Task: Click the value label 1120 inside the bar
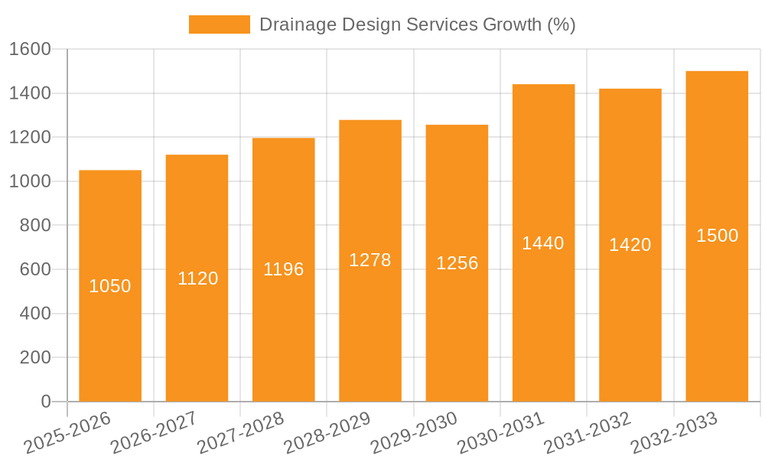tap(197, 278)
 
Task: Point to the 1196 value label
tap(284, 269)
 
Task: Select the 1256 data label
tap(457, 263)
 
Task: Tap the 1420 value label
tap(630, 245)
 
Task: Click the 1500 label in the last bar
tap(717, 236)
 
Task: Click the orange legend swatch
tap(219, 24)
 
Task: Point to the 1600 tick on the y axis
tap(29, 49)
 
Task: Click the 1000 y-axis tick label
tap(29, 181)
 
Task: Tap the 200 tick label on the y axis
tap(34, 357)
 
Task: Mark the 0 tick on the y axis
tap(45, 402)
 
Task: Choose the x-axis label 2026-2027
tap(154, 433)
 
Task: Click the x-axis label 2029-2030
tap(414, 433)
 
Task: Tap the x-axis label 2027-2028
tap(240, 433)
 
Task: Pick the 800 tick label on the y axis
tap(34, 226)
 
